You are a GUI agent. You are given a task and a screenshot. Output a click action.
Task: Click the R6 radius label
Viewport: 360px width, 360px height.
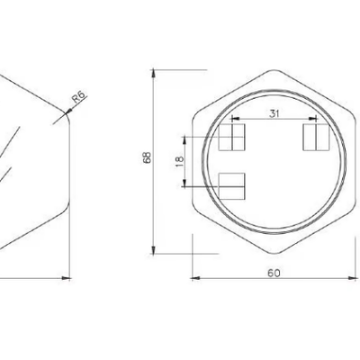click(79, 97)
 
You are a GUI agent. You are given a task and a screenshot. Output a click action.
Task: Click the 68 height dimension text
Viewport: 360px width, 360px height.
click(148, 157)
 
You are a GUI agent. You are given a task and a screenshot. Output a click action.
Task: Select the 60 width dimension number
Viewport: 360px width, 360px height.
click(274, 273)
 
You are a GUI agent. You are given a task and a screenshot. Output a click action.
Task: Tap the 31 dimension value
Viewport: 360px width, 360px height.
click(274, 113)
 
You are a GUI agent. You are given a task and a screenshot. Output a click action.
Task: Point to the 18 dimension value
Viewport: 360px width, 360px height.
click(179, 162)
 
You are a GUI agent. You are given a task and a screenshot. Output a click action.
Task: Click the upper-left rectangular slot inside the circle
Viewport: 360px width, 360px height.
click(232, 137)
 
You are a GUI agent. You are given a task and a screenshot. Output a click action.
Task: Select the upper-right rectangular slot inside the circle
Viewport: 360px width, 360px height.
click(317, 137)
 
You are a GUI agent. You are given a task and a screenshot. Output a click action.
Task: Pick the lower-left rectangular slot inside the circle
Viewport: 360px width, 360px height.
click(232, 186)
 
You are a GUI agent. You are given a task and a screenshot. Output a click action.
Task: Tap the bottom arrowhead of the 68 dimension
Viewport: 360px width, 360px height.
click(153, 249)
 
